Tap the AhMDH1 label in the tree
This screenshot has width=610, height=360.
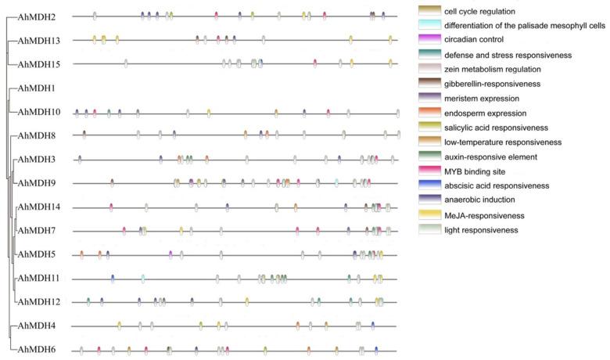coord(34,88)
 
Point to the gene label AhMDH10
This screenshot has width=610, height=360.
coord(38,112)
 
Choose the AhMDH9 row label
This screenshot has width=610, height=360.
coord(35,184)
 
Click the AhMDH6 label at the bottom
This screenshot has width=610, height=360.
coord(35,350)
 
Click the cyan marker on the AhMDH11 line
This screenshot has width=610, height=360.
coord(143,278)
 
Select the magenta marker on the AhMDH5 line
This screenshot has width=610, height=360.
coord(170,254)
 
